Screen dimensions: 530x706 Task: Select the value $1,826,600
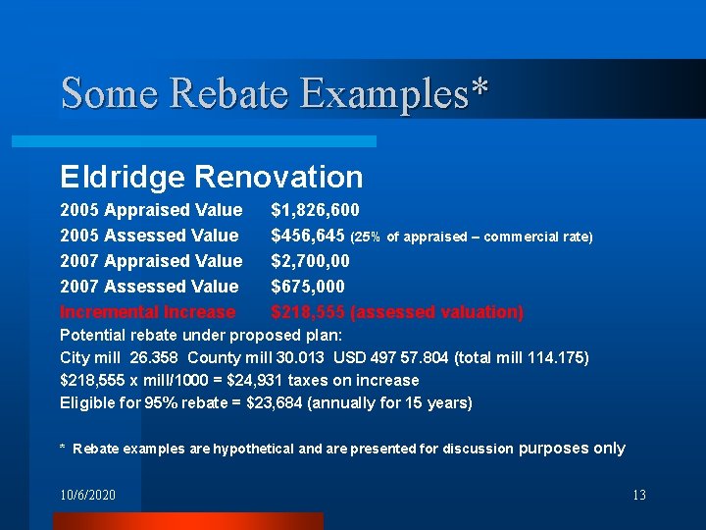pos(315,210)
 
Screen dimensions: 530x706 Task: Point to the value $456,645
pos(308,236)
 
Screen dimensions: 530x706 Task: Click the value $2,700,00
pos(310,261)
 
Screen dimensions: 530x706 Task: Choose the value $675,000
pos(308,287)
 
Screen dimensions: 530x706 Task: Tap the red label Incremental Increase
pos(148,312)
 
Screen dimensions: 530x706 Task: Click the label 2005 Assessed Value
pos(149,236)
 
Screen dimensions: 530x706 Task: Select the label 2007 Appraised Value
pos(151,261)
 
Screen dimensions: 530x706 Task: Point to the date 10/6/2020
pos(87,495)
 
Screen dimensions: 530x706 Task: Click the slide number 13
pos(638,495)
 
